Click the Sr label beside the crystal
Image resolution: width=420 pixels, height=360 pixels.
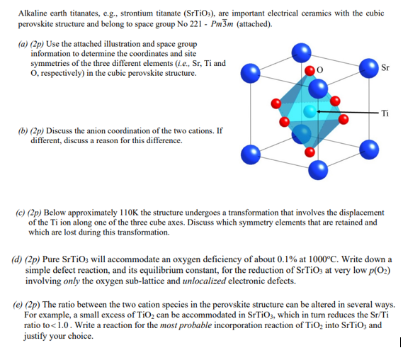(x=385, y=69)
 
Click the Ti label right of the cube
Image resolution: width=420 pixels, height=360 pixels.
(x=385, y=113)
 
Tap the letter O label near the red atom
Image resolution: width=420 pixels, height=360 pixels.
(x=320, y=71)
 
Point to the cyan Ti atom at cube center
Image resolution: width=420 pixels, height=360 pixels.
(x=309, y=111)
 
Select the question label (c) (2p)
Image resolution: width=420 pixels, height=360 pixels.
(x=31, y=213)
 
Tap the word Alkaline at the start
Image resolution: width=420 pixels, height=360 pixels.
(x=35, y=14)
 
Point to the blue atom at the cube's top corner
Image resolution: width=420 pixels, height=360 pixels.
(x=302, y=51)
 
